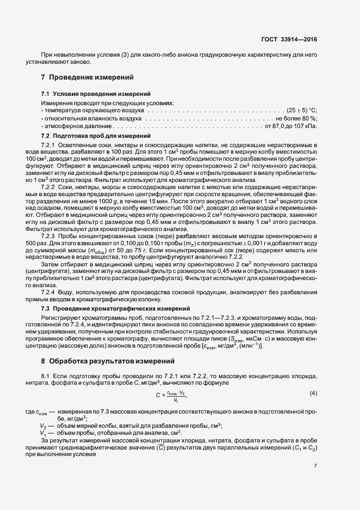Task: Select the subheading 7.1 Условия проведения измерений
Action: [x=89, y=94]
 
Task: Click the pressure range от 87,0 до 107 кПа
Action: [x=290, y=126]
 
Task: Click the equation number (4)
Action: [x=313, y=393]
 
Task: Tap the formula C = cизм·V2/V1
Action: [x=174, y=395]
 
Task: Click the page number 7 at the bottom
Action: [x=315, y=465]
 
